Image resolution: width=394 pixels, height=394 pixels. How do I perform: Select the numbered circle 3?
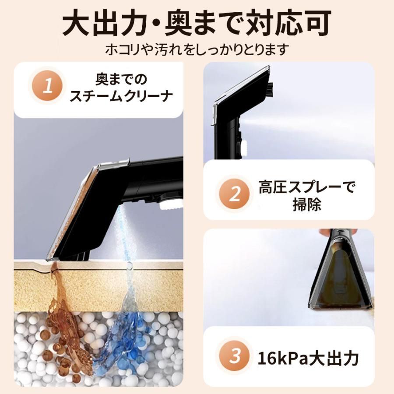pyautogui.click(x=236, y=356)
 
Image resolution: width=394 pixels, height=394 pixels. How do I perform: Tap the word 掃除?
pyautogui.click(x=306, y=205)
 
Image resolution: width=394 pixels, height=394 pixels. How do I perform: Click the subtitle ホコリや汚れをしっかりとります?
pyautogui.click(x=197, y=49)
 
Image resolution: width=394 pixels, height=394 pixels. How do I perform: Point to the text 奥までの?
pyautogui.click(x=121, y=79)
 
